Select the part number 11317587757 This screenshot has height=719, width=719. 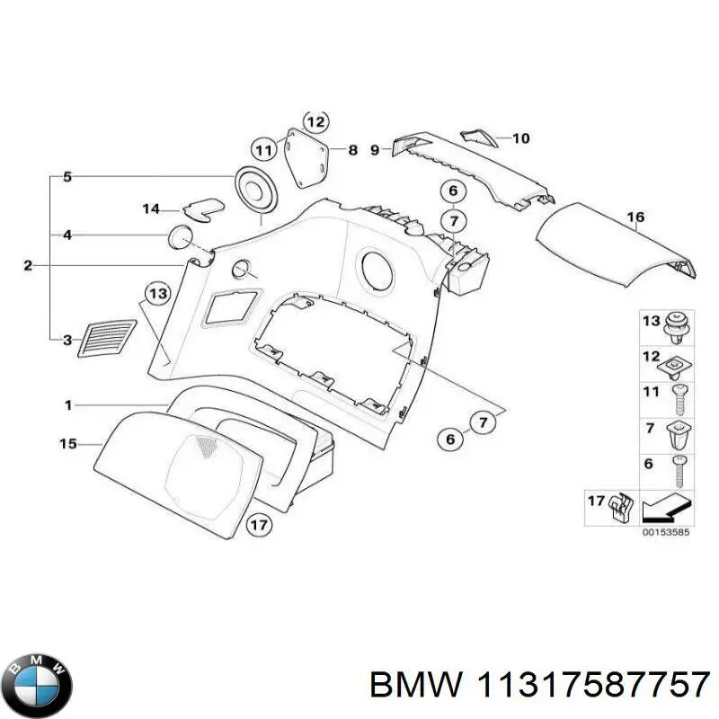pos(592,686)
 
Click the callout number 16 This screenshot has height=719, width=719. pos(635,217)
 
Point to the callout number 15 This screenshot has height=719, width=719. pos(68,443)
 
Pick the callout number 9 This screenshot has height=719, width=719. pos(376,151)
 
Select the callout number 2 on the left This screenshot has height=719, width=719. pos(27,265)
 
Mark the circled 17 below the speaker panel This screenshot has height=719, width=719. pos(259,525)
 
